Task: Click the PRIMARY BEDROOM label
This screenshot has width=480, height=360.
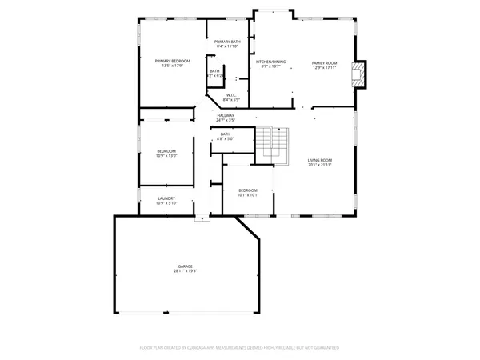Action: coord(173,61)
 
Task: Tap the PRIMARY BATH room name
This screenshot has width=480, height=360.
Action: coord(228,42)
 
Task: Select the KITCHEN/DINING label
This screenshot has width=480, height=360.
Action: coord(270,62)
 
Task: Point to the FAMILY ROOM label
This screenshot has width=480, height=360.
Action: coord(325,62)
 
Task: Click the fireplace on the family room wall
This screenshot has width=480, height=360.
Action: coord(362,74)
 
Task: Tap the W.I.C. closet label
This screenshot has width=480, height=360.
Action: coord(232,95)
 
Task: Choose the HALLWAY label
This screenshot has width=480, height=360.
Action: coord(226,115)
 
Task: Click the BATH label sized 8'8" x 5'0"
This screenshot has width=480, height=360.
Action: coord(226,134)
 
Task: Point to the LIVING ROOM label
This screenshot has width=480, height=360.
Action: coord(320,160)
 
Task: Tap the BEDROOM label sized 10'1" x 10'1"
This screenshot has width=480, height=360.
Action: coord(248,190)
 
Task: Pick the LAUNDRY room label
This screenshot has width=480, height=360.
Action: coord(166,198)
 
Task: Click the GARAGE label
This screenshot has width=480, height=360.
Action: coord(186,266)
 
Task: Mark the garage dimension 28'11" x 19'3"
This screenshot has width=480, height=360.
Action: coord(186,271)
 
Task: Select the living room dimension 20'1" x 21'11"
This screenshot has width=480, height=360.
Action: coord(320,166)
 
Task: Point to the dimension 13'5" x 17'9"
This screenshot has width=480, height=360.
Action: coord(173,66)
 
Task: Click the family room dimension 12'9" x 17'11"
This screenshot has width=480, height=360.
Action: coord(325,66)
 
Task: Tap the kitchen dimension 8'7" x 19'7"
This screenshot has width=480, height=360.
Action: coord(270,66)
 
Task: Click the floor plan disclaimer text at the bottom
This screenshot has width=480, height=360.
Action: coord(240,348)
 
